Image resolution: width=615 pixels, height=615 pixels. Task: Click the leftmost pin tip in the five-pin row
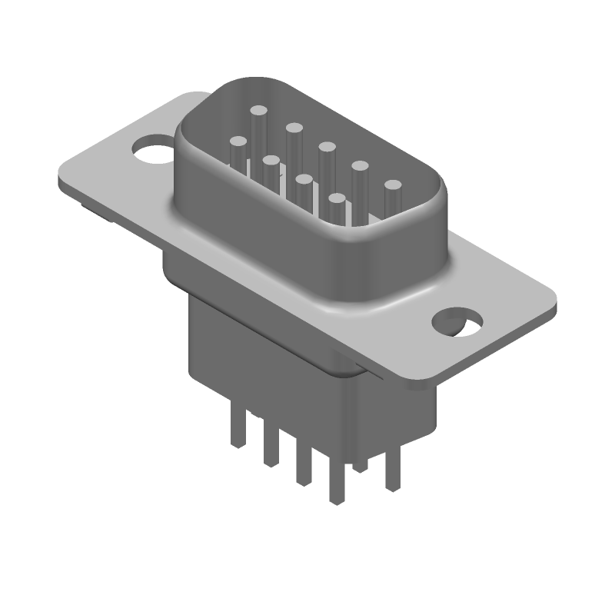(258, 112)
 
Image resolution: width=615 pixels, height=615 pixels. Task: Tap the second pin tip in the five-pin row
(293, 128)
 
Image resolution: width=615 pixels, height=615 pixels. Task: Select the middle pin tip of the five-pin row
(327, 147)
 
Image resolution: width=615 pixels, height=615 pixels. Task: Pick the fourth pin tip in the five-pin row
(360, 165)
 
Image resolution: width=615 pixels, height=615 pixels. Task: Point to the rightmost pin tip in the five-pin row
(394, 185)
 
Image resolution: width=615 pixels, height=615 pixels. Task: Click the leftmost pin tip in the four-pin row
(238, 142)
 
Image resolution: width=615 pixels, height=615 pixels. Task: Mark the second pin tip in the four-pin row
(271, 161)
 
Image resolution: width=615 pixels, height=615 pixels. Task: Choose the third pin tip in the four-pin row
(304, 180)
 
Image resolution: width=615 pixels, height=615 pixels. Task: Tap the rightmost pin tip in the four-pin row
(336, 199)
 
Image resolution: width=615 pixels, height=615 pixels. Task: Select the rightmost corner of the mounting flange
(554, 304)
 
